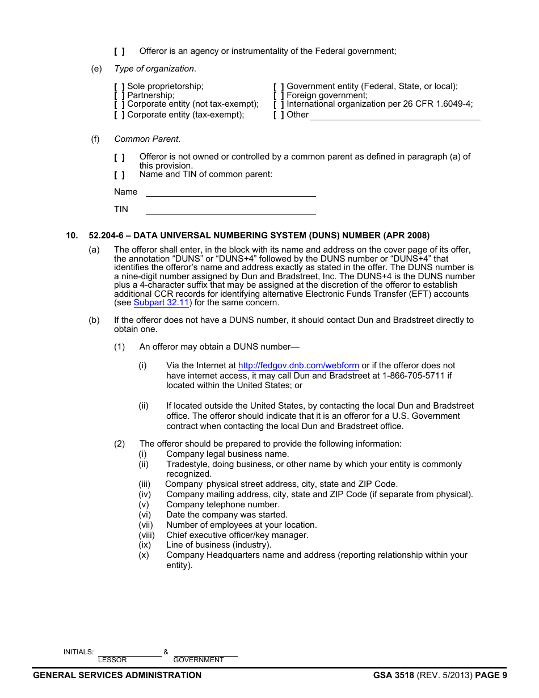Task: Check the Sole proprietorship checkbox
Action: pos(119,87)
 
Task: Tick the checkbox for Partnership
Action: pos(119,96)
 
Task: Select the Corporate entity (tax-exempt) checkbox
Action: pos(119,115)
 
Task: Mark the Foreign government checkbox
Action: pos(279,96)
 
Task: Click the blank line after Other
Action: pos(395,115)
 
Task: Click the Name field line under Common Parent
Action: pos(230,192)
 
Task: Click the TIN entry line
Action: pos(230,210)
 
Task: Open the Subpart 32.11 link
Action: pos(161,303)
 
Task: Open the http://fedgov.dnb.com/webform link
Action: pos(298,366)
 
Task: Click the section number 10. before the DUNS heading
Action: pos(71,236)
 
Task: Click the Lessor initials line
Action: pos(129,652)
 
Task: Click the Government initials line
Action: pos(205,652)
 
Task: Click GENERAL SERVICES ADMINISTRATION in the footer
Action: pos(117,675)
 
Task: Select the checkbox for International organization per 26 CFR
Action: pos(279,104)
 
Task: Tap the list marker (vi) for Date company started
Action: pos(145,515)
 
